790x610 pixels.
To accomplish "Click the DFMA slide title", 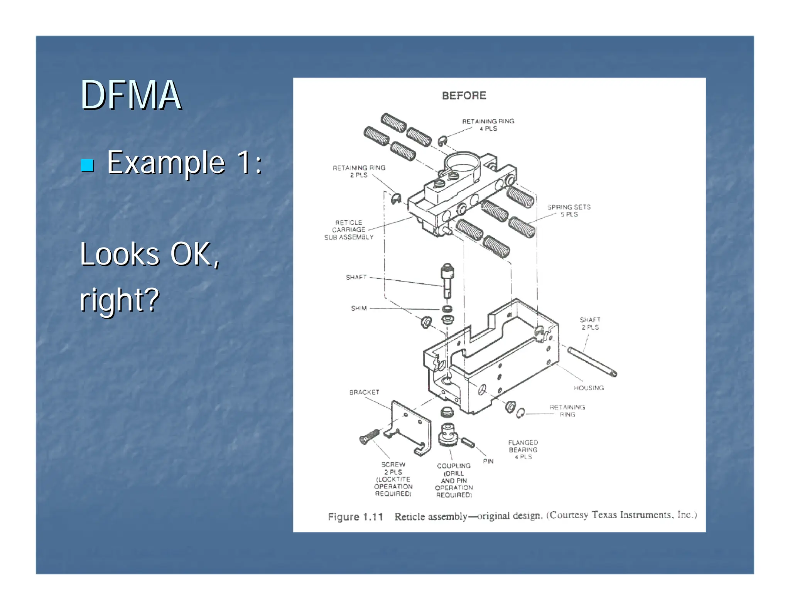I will (x=130, y=95).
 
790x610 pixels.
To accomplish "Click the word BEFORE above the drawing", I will (x=464, y=96).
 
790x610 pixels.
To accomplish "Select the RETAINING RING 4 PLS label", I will (x=488, y=125).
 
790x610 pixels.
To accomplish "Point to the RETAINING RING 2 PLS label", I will (x=359, y=171).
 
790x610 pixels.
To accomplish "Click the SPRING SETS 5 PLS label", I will (x=569, y=211).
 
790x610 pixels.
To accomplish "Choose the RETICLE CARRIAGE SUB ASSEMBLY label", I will (x=349, y=230).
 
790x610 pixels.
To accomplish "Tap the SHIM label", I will (x=359, y=308).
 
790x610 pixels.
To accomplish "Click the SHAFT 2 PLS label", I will (x=590, y=323).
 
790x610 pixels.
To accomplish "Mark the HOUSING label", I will (x=589, y=388).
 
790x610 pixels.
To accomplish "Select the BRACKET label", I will (x=364, y=392).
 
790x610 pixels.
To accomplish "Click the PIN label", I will (x=488, y=461).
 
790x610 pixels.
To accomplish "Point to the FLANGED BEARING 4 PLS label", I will (x=523, y=450).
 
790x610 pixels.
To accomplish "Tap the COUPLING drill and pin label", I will (x=454, y=480).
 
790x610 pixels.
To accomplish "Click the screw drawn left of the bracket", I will (x=369, y=436).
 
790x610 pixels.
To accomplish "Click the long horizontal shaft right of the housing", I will (x=592, y=361).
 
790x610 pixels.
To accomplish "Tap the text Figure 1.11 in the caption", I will (x=355, y=517).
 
